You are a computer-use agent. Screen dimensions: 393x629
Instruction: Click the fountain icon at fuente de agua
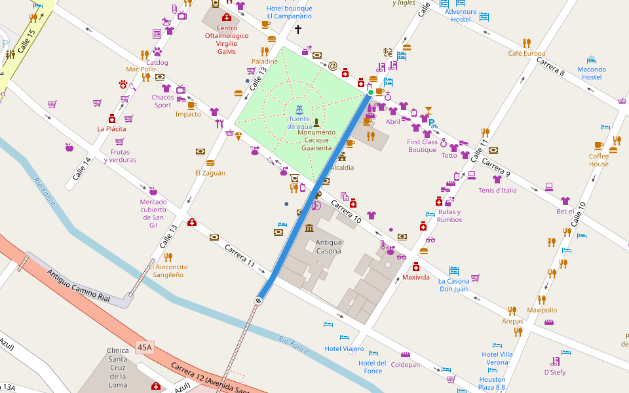(299, 108)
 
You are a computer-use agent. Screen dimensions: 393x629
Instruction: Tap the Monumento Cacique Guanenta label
(316, 140)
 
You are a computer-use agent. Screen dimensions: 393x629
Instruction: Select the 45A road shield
(145, 346)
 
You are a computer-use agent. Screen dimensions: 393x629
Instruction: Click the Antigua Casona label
(328, 246)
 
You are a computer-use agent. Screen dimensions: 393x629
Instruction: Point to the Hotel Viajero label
(344, 348)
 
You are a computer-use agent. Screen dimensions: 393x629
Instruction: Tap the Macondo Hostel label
(592, 73)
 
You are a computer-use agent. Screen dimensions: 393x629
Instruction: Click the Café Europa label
(526, 53)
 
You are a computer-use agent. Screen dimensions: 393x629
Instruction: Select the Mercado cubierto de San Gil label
(153, 214)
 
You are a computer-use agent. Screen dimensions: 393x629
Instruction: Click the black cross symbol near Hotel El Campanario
(298, 29)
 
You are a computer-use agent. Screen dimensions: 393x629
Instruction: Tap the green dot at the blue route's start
(370, 92)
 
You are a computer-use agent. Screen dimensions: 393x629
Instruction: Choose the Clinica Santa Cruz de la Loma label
(118, 367)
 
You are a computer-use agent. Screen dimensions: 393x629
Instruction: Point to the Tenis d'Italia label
(497, 190)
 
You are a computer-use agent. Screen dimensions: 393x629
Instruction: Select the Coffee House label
(598, 160)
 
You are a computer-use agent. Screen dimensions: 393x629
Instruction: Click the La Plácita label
(111, 129)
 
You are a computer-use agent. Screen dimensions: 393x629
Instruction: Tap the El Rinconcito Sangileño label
(168, 271)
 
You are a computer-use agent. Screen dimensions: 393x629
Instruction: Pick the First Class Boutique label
(422, 145)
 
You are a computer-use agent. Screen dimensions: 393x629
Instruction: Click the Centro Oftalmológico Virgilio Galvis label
(227, 39)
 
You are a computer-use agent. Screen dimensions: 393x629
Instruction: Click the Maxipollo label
(542, 310)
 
